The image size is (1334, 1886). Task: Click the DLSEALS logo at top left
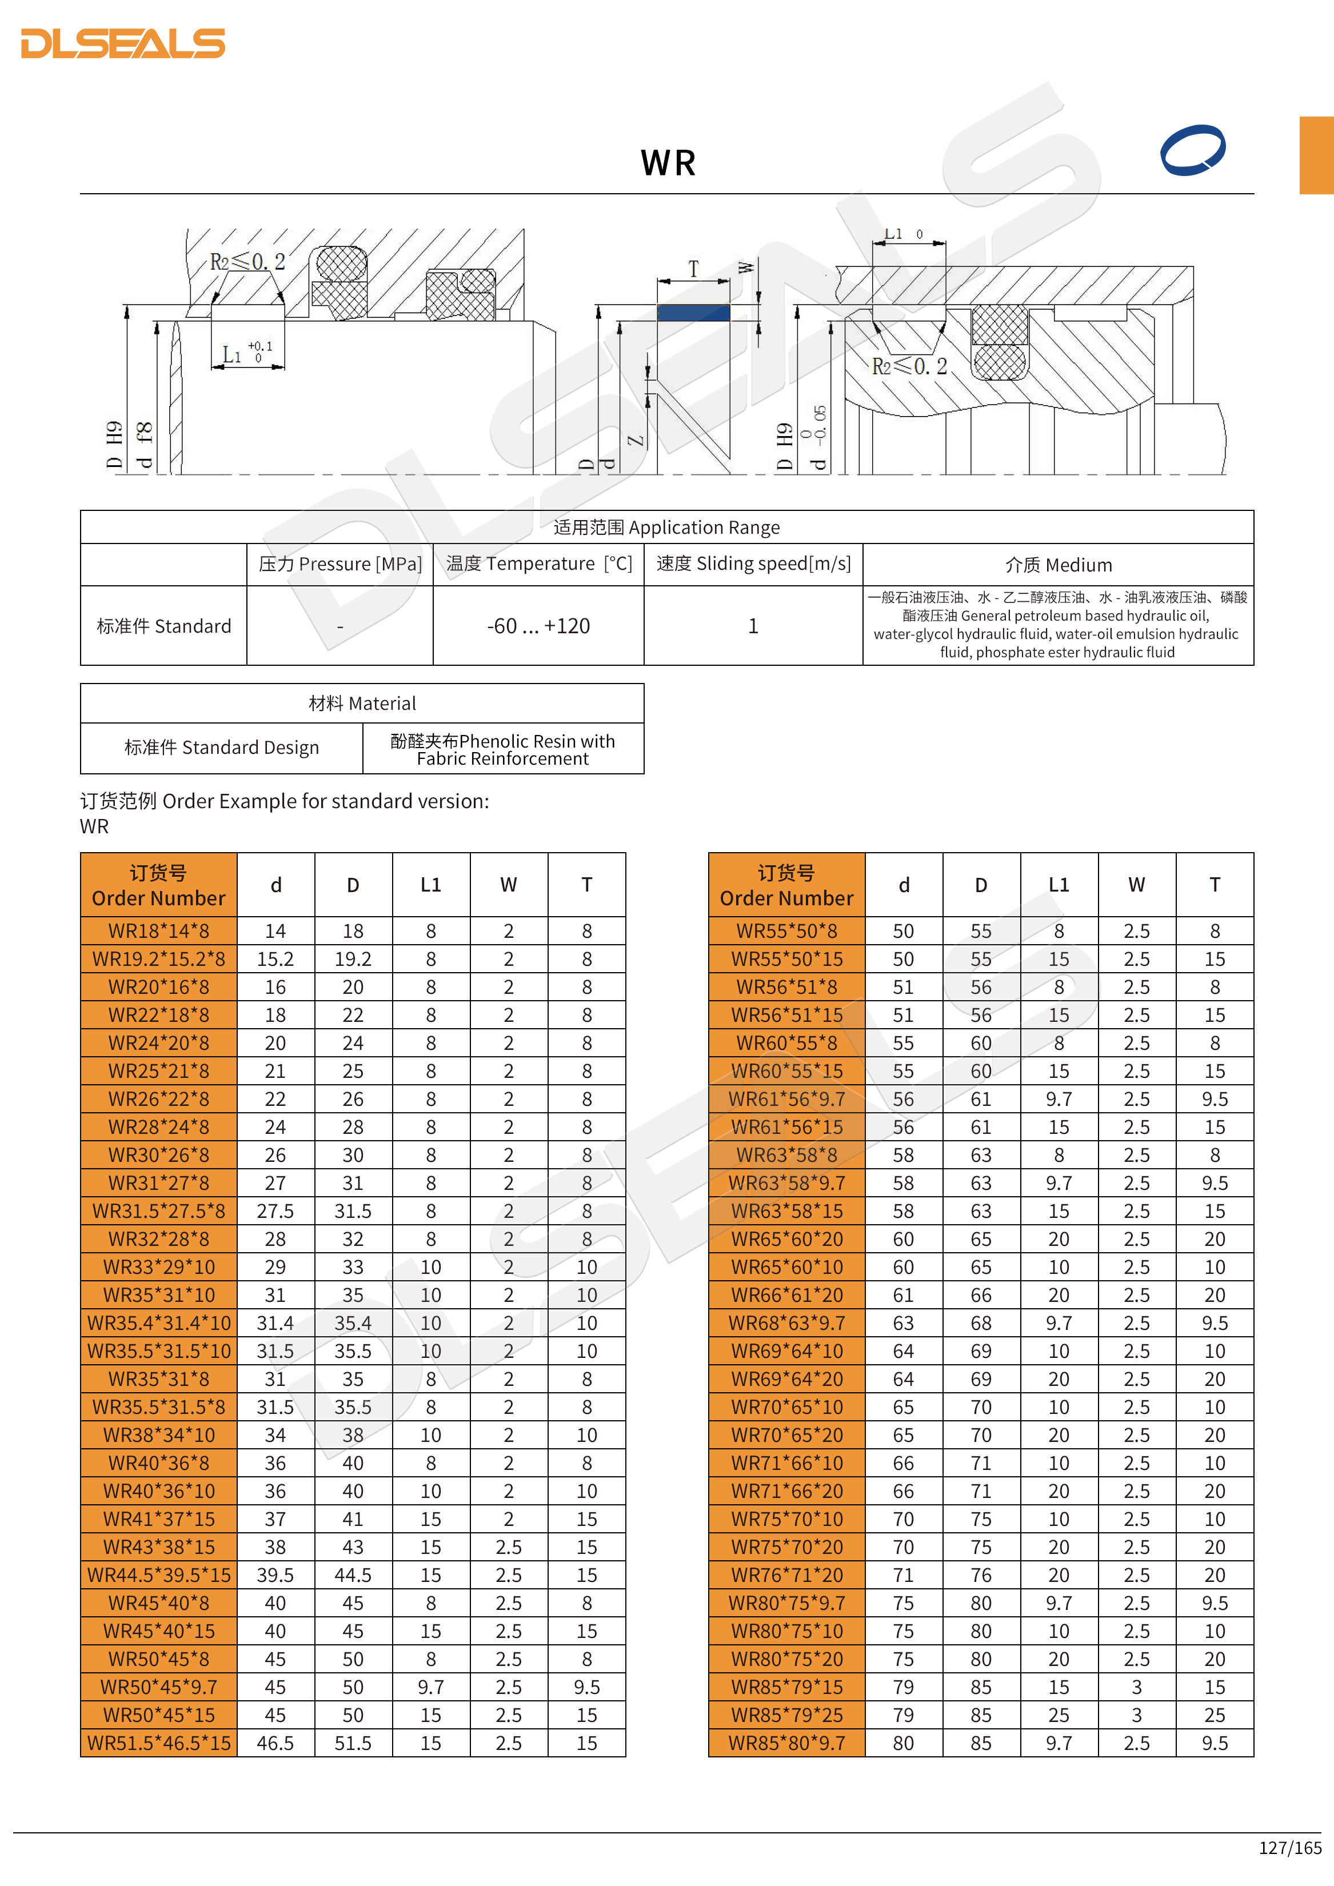123,43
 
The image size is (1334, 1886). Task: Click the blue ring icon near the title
1193,150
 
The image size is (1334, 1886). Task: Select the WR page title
668,163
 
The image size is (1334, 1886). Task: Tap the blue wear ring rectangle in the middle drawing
693,312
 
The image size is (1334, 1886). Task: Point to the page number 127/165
1289,1847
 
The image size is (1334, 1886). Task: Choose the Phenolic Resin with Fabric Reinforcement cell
503,749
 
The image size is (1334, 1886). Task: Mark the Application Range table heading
666,528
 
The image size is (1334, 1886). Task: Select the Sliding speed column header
753,564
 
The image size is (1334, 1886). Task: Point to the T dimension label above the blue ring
693,269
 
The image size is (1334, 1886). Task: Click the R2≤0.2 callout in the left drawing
246,262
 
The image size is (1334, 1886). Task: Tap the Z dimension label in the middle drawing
635,440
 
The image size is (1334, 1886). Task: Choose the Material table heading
362,703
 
